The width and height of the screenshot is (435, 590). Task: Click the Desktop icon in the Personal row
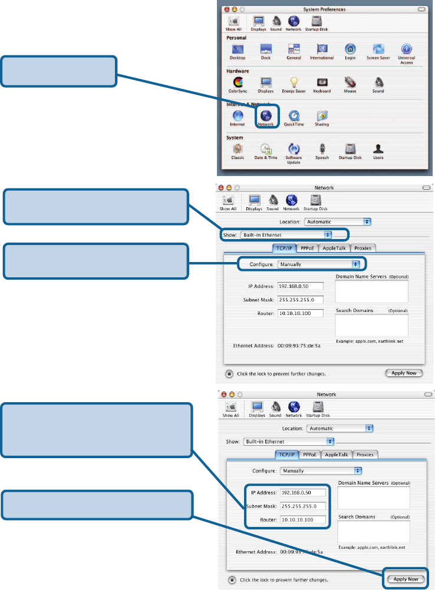pyautogui.click(x=238, y=49)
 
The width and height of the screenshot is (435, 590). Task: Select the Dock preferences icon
pyautogui.click(x=266, y=49)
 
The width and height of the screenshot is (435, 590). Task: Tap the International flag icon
pyautogui.click(x=322, y=49)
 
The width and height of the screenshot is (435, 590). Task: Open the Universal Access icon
pyautogui.click(x=407, y=49)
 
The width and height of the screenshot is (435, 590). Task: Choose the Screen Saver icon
pyautogui.click(x=378, y=49)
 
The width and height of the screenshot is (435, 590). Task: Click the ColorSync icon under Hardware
pyautogui.click(x=238, y=82)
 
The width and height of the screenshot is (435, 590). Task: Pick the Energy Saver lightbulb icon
pyautogui.click(x=294, y=82)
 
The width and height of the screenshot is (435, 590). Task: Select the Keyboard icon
pyautogui.click(x=322, y=82)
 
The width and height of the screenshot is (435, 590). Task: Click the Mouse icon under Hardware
pyautogui.click(x=350, y=82)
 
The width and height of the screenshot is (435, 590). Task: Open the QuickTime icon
pyautogui.click(x=294, y=115)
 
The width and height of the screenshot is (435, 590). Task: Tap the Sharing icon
pyautogui.click(x=322, y=115)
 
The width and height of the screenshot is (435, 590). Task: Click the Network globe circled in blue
pyautogui.click(x=266, y=115)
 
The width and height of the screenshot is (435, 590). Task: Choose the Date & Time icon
pyautogui.click(x=266, y=149)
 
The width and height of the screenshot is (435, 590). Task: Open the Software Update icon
pyautogui.click(x=294, y=149)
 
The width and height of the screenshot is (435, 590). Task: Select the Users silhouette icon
pyautogui.click(x=378, y=149)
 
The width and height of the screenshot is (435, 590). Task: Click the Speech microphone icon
pyautogui.click(x=322, y=149)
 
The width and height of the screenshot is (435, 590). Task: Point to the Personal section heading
pyautogui.click(x=236, y=37)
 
